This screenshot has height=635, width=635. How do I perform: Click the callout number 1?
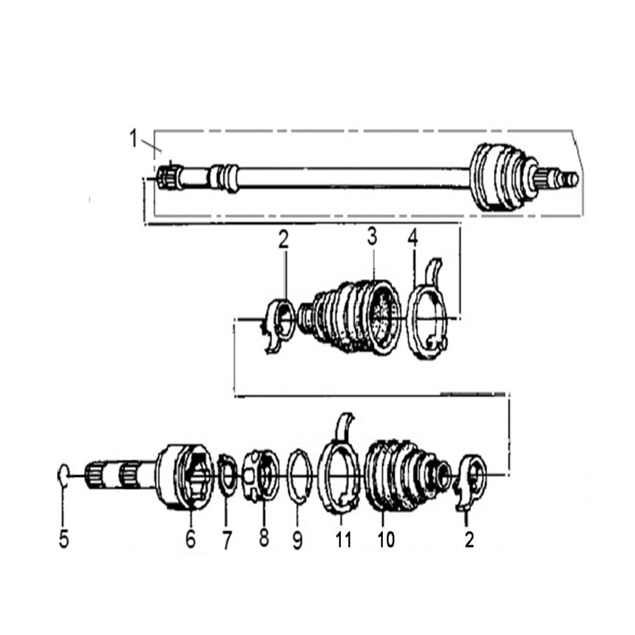133,138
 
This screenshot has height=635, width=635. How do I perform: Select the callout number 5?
63,540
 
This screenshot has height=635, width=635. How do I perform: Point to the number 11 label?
343,540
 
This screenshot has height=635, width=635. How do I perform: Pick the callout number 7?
227,540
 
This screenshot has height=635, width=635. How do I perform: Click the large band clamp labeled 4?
429,317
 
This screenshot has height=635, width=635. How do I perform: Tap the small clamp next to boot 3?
278,324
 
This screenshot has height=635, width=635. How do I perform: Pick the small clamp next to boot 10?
471,479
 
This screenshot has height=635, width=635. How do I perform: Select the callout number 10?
385,540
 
